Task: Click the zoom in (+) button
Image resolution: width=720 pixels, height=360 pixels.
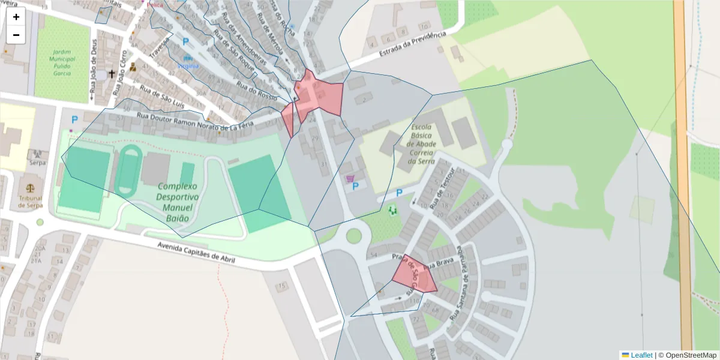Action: point(16,17)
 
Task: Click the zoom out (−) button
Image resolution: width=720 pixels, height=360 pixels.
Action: point(16,35)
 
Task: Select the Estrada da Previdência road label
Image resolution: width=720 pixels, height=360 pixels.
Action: point(413,46)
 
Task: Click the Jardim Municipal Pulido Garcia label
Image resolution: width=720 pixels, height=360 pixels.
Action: point(62,62)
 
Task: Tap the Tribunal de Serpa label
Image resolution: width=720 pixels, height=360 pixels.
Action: point(29,201)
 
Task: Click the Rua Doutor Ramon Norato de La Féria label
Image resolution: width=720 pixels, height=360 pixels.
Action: point(195,121)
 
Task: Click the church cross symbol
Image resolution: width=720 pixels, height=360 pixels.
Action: point(111,74)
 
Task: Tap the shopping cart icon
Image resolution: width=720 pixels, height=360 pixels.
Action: point(350,178)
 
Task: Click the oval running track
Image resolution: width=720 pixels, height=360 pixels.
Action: point(127,171)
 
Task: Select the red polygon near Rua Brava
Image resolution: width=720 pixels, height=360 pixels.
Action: point(415,276)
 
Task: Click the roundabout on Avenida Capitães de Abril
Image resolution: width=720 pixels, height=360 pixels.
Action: point(353,235)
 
